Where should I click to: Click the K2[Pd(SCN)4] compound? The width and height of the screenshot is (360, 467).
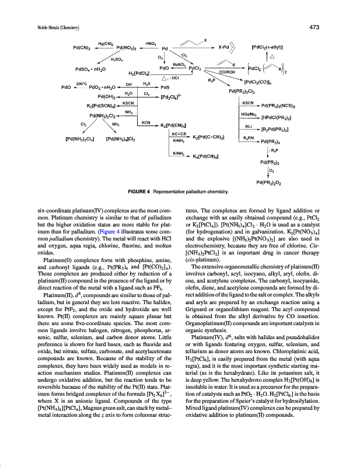[101, 106]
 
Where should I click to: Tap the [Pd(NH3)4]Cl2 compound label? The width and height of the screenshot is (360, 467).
[121, 139]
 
